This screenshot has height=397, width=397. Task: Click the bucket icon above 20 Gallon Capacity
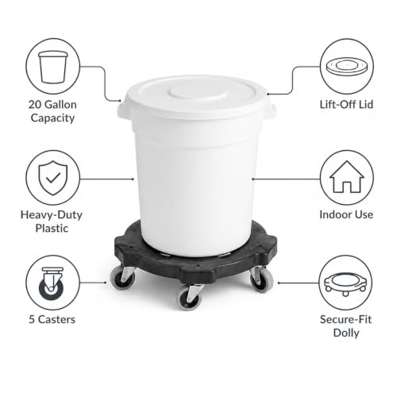pyautogui.click(x=53, y=67)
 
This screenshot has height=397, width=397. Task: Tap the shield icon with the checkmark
pyautogui.click(x=53, y=178)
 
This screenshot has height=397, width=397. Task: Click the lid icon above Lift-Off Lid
pyautogui.click(x=346, y=67)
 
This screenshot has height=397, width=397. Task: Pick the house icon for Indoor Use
pyautogui.click(x=347, y=177)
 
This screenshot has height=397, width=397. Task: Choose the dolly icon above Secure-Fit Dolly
pyautogui.click(x=345, y=283)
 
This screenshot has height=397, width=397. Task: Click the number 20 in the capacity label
pyautogui.click(x=35, y=105)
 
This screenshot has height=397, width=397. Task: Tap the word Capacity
pyautogui.click(x=52, y=118)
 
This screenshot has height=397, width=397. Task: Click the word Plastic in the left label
pyautogui.click(x=52, y=228)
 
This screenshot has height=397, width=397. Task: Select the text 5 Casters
pyautogui.click(x=52, y=319)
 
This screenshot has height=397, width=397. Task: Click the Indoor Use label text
pyautogui.click(x=346, y=214)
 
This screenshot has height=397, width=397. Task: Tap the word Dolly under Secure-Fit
pyautogui.click(x=346, y=333)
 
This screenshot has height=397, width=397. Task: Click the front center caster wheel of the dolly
pyautogui.click(x=190, y=297)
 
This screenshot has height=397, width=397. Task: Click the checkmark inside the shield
pyautogui.click(x=53, y=178)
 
